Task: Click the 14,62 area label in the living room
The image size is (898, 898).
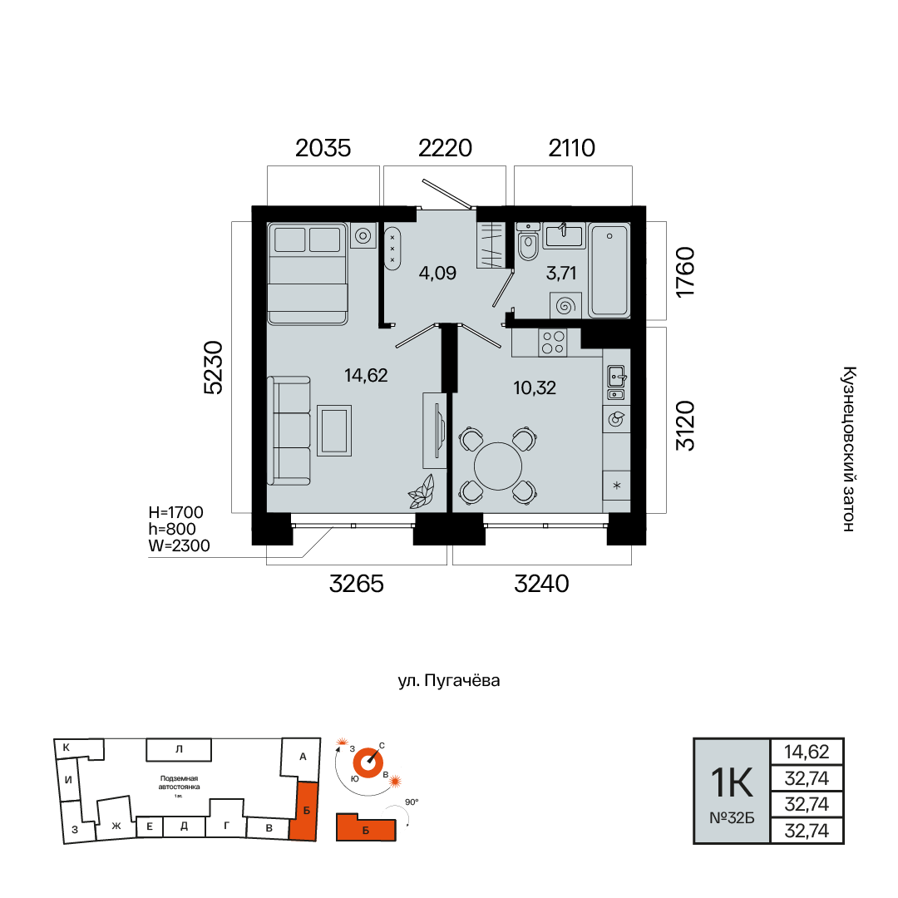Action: pos(366,376)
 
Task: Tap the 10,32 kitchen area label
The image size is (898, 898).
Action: pos(535,388)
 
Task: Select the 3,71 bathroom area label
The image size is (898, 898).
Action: pos(560,274)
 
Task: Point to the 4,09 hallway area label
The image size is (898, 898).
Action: pos(437,274)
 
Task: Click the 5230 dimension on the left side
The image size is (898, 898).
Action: pos(213,368)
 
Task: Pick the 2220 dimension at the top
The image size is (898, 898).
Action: pos(445,148)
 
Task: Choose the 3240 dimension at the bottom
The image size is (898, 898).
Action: pos(542,585)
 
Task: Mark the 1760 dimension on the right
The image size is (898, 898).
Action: pos(685,272)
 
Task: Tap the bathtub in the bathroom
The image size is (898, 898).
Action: pos(609,270)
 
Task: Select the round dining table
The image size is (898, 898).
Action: pos(498,466)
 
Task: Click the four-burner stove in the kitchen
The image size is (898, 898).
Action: pos(553,343)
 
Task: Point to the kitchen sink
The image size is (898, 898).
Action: pos(616,382)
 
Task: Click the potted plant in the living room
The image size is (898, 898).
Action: pos(421,491)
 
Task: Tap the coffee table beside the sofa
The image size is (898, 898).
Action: pos(334,431)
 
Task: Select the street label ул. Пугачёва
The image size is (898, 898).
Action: pos(449,680)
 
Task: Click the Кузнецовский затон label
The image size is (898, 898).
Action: pos(849,449)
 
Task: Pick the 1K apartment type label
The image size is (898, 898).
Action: pos(732,783)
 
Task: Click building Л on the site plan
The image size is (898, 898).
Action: pos(179,749)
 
